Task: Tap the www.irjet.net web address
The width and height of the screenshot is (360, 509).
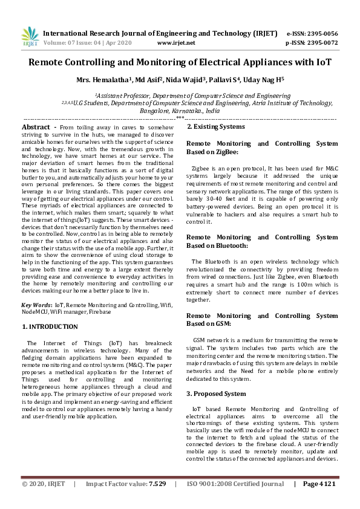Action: (x=175, y=43)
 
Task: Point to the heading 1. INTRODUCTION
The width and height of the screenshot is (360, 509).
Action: (x=50, y=326)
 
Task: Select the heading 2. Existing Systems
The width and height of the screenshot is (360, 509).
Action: (x=215, y=127)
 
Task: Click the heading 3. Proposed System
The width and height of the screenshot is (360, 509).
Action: (x=216, y=394)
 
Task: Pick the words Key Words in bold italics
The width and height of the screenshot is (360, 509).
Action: (x=36, y=305)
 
